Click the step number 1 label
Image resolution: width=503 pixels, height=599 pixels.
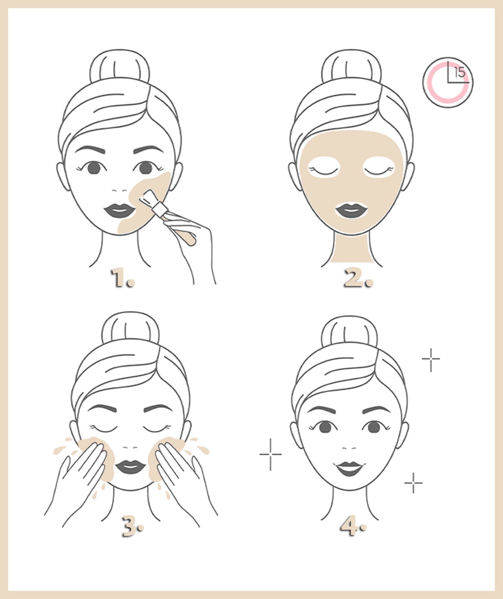click(122, 279)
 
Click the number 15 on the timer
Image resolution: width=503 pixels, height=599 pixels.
click(460, 72)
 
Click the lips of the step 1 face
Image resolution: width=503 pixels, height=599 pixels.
click(119, 210)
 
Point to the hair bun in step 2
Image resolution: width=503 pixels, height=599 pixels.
click(351, 67)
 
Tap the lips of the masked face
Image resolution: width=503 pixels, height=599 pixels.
click(351, 210)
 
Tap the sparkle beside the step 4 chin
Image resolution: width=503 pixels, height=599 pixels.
click(414, 483)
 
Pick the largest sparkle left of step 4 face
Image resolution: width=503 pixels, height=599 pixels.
click(271, 454)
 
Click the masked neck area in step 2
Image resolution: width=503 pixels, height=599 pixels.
click(352, 249)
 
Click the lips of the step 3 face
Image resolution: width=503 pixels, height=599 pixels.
click(130, 467)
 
